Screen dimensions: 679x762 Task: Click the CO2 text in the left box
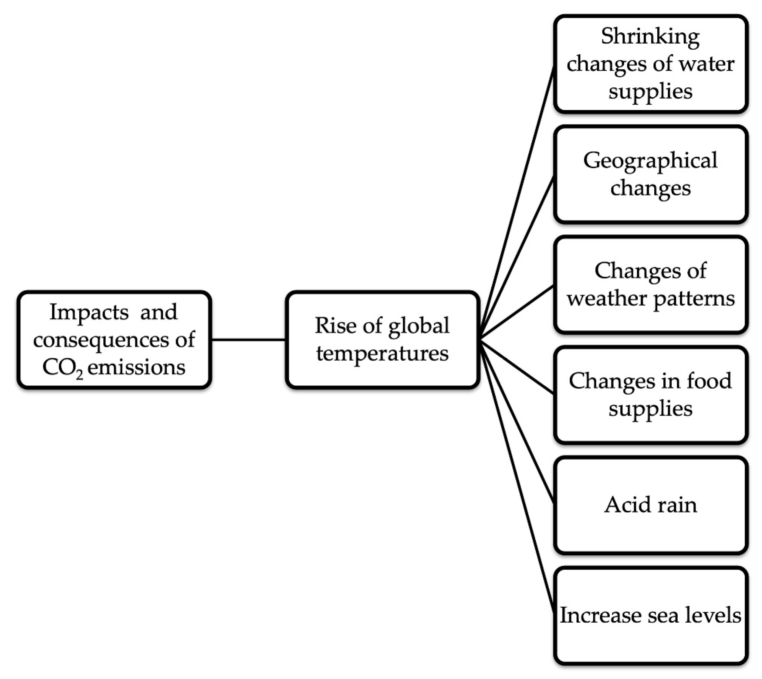pos(63,368)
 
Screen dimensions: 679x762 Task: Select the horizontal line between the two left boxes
pos(248,340)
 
